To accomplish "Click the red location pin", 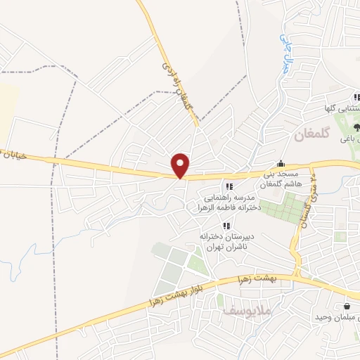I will tap(181, 165).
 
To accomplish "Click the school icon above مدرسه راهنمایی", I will tap(229, 186).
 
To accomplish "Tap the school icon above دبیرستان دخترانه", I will tap(226, 226).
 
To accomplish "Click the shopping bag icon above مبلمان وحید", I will tap(347, 307).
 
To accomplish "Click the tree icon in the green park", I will tap(356, 127).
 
